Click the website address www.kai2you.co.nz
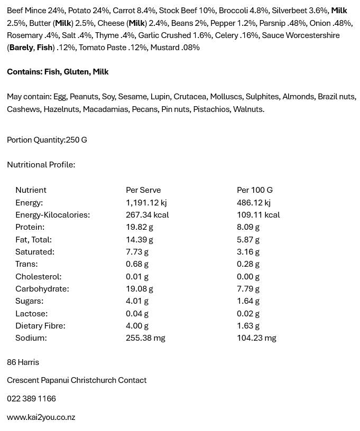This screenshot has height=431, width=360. pos(41,417)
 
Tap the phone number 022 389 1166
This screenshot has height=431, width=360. pos(31,398)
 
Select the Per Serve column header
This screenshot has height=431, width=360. pos(143,190)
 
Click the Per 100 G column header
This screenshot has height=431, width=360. pos(255,190)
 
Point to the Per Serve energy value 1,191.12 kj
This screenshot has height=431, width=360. pos(146,203)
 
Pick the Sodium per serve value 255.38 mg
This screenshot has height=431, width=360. pos(145,338)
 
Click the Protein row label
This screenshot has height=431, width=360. pos(30,227)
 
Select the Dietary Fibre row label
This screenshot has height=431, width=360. pos(40,326)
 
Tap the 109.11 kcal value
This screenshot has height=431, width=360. pos(259,215)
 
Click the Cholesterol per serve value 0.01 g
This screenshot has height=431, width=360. pos(137,277)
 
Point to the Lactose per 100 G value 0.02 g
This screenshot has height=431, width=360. pos(248,314)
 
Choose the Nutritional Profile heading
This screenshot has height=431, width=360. pos(41,165)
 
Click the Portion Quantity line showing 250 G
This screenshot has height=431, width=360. pos(47,140)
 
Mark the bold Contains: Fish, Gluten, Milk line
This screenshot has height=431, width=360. pos(58,72)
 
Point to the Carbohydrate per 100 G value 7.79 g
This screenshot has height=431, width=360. pos(248,289)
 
